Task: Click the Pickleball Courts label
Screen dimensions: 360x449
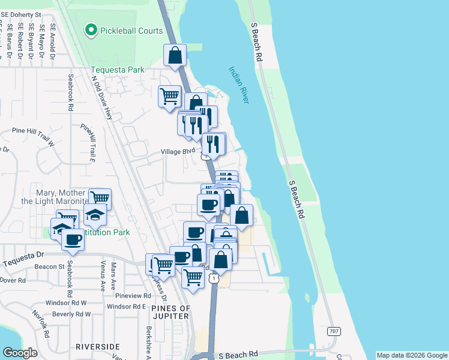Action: point(131,31)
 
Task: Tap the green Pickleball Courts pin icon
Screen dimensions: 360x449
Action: point(91,29)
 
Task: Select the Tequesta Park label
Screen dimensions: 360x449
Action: point(117,70)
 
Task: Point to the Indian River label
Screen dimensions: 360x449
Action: point(238,85)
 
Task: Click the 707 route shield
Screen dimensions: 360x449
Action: point(334,331)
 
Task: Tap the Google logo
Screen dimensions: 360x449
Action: point(20,353)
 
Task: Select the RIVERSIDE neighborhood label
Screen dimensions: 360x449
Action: point(98,347)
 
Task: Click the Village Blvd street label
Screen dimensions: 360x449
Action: point(178,152)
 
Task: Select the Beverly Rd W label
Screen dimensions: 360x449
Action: point(71,314)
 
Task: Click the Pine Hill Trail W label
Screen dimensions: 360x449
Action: point(33,129)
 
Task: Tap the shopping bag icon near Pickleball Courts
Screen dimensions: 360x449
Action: point(175,55)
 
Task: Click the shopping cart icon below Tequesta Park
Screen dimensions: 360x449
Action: point(170,95)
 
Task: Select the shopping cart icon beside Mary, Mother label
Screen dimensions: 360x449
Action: point(100,198)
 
